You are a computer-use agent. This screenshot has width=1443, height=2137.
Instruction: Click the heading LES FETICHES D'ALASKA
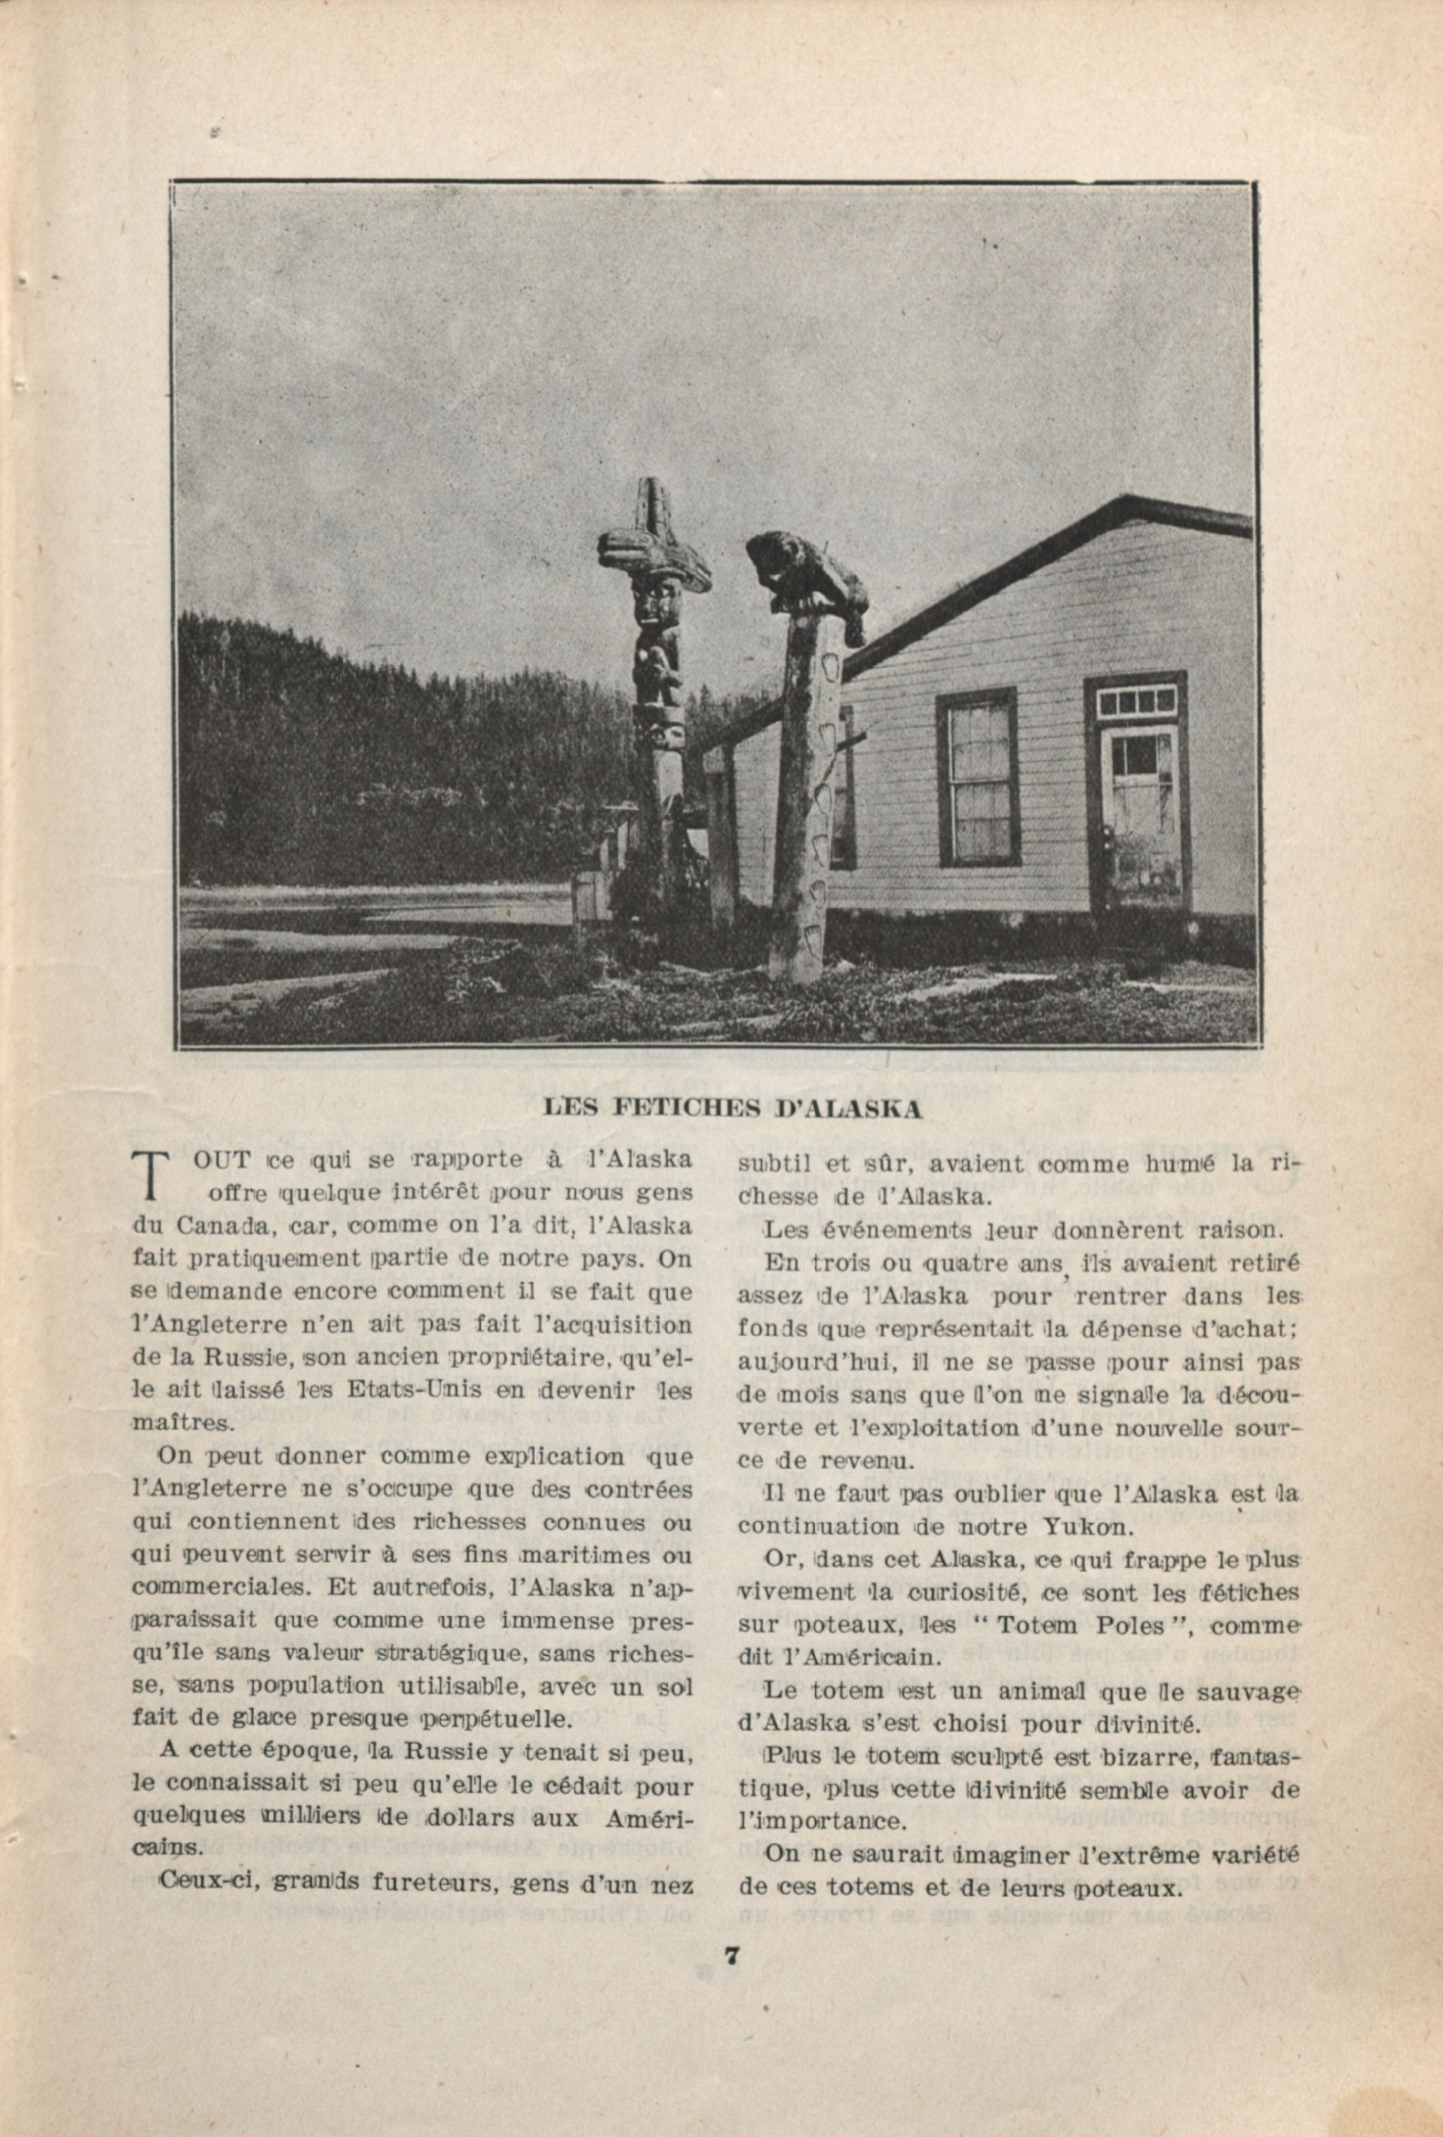click(x=732, y=1109)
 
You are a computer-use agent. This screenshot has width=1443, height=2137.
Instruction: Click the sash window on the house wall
click(x=978, y=777)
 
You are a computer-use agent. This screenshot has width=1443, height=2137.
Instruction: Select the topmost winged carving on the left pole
click(x=653, y=543)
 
